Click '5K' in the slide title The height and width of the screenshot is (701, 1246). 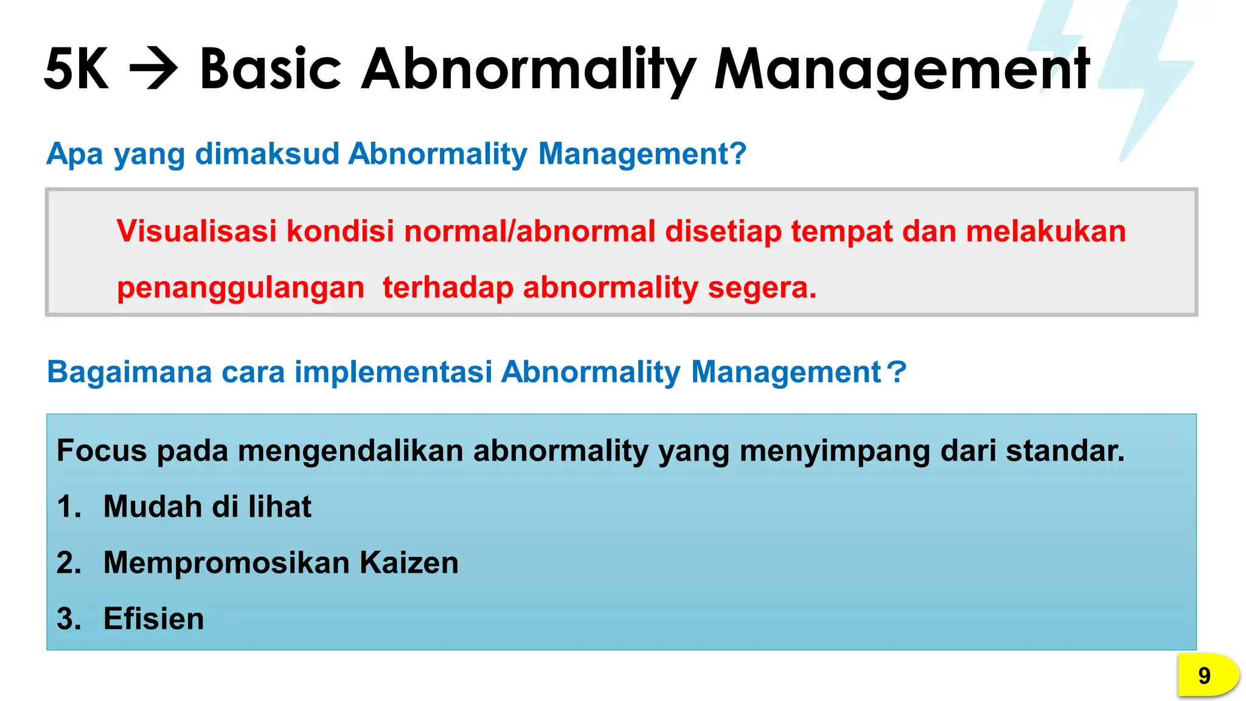pyautogui.click(x=77, y=69)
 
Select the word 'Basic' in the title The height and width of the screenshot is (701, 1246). pyautogui.click(x=270, y=69)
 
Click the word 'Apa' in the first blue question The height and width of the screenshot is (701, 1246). pyautogui.click(x=75, y=154)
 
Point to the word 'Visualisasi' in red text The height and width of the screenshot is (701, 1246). pyautogui.click(x=197, y=231)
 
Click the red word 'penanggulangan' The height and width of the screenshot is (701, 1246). pyautogui.click(x=240, y=287)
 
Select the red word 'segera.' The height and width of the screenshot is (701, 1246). pyautogui.click(x=762, y=287)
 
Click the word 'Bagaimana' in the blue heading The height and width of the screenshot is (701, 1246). pyautogui.click(x=129, y=372)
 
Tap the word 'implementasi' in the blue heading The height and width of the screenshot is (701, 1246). pyautogui.click(x=393, y=372)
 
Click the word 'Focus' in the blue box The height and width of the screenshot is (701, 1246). pyautogui.click(x=102, y=451)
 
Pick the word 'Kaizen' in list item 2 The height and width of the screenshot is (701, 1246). pyautogui.click(x=409, y=562)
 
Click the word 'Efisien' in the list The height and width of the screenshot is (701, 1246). pyautogui.click(x=153, y=619)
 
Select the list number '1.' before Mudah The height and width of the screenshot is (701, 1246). pyautogui.click(x=68, y=507)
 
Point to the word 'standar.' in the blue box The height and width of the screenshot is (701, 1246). pyautogui.click(x=1065, y=451)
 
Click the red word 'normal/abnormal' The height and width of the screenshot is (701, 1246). pyautogui.click(x=529, y=231)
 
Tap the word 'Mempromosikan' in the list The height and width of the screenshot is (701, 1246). pyautogui.click(x=226, y=562)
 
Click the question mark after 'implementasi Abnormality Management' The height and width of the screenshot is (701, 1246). pyautogui.click(x=896, y=372)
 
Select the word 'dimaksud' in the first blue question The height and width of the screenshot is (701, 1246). pyautogui.click(x=266, y=154)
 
